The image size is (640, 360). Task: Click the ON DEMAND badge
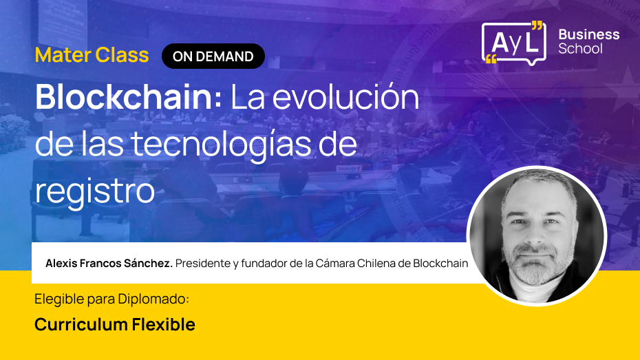(213, 56)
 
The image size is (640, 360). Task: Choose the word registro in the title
(94, 191)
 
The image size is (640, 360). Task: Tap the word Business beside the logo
(588, 34)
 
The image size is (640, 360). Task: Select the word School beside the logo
(580, 49)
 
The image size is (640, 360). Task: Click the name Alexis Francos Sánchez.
(109, 264)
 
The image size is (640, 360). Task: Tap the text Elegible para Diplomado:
(111, 300)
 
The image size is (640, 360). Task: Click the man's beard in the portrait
(536, 268)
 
